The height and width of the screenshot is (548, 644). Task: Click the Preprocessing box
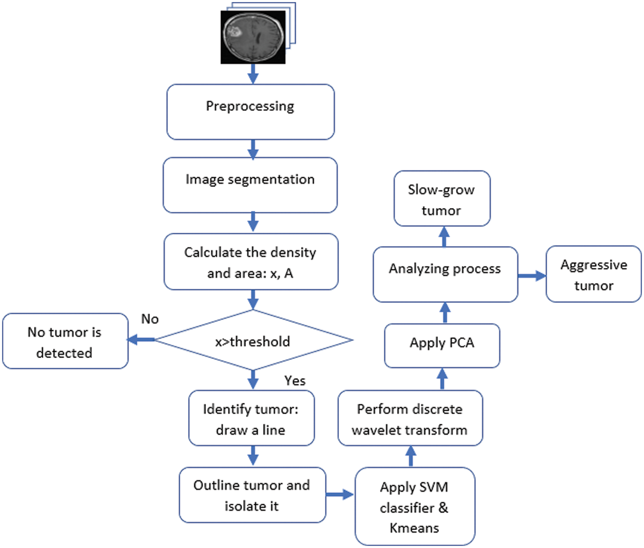[250, 112]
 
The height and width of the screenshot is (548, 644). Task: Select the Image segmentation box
[250, 185]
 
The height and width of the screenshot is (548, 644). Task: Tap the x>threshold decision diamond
[253, 340]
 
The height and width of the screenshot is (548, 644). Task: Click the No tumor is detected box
[65, 341]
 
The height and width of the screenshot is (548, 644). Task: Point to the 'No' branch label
[150, 319]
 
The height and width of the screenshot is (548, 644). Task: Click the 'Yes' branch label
[295, 381]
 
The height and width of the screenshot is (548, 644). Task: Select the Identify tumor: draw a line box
[251, 418]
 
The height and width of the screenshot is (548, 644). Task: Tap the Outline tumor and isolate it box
[252, 495]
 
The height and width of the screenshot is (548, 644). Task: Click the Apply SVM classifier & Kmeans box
[415, 506]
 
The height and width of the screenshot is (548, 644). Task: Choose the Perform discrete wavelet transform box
[410, 418]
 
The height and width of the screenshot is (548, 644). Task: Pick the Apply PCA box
[442, 346]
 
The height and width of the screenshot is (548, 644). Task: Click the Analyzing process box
[445, 275]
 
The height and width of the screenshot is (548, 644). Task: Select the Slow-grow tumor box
[442, 198]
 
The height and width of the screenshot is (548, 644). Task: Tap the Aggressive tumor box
[594, 274]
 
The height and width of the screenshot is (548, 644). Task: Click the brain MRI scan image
[253, 37]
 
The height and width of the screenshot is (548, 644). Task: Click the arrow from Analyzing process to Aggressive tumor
[532, 276]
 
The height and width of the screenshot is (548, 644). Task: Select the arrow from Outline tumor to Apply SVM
[340, 494]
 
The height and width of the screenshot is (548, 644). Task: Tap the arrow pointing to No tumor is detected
[141, 339]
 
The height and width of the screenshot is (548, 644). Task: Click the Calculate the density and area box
[251, 262]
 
